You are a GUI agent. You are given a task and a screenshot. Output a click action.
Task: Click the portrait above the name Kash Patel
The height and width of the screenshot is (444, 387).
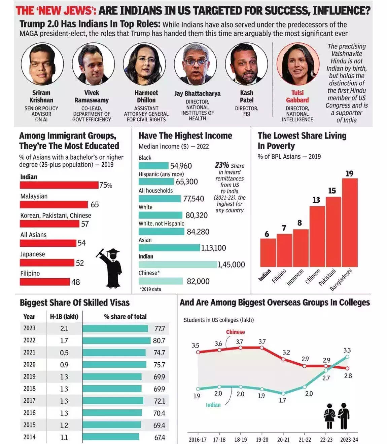coord(246,64)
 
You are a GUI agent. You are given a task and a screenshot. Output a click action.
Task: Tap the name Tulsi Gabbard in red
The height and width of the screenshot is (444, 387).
coord(297,96)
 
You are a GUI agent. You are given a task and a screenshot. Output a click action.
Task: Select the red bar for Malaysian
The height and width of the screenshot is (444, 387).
coord(54,204)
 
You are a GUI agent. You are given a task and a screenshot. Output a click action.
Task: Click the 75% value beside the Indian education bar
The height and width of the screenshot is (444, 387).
coord(106,185)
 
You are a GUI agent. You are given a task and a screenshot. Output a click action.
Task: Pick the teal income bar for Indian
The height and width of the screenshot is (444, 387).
coord(178,265)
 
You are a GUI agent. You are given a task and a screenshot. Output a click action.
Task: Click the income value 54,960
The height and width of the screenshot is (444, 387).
coord(181,166)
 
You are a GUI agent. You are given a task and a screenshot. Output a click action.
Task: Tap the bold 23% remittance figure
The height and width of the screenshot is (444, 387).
coord(222,165)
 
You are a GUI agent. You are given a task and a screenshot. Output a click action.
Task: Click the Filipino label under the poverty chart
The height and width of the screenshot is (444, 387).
coord(279,276)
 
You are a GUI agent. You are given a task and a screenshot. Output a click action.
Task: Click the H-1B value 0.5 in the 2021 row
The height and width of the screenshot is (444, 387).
coord(64,353)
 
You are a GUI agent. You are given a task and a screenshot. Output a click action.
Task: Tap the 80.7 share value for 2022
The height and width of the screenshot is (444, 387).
coord(159,340)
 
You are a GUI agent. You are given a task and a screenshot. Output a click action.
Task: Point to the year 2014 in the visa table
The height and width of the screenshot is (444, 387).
coord(29,437)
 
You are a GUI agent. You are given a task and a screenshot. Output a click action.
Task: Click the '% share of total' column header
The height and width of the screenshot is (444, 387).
coord(125,317)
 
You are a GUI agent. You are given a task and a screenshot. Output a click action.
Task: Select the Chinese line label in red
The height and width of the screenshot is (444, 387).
coord(235,332)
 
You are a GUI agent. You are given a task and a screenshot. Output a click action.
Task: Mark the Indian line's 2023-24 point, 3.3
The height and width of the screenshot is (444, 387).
coord(347,357)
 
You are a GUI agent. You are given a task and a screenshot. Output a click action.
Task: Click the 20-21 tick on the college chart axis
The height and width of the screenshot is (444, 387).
coord(283,440)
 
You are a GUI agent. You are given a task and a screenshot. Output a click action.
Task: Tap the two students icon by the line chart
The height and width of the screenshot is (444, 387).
coord(337,416)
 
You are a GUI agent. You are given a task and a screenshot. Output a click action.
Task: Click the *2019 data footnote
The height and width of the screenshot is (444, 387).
coord(150,289)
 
